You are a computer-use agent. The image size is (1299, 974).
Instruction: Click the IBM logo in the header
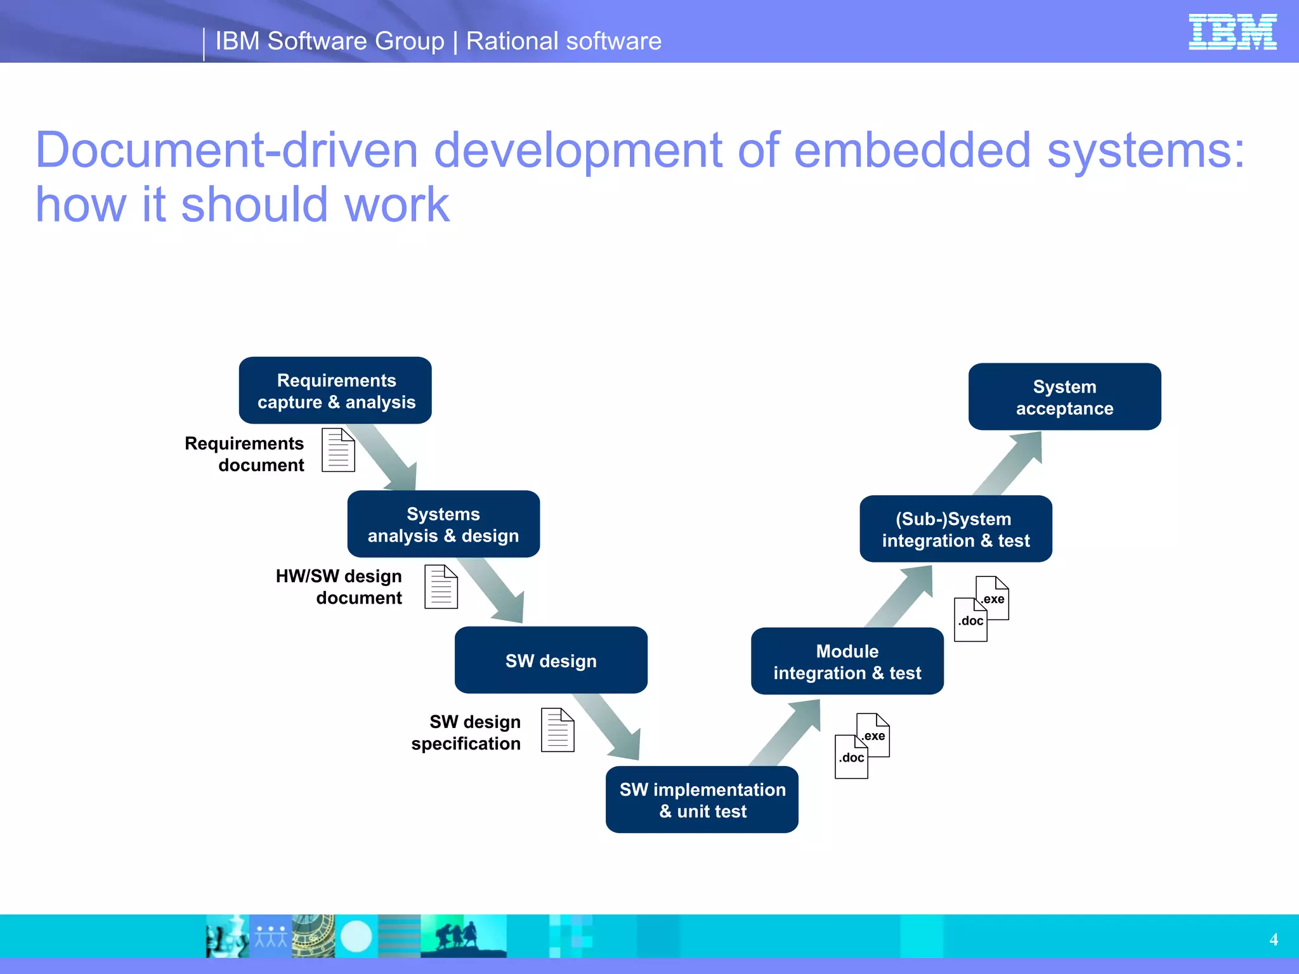coord(1232,32)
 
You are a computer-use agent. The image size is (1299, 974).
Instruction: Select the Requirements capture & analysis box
coord(336,391)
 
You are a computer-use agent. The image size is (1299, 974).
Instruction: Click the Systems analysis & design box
coord(443,524)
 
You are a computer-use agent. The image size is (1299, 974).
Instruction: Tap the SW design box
coord(551,660)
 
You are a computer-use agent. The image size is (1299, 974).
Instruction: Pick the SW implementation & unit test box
coord(702,800)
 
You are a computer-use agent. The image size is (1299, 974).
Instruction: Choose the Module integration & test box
coord(847,661)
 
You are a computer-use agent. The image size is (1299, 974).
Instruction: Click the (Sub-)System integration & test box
coord(955,529)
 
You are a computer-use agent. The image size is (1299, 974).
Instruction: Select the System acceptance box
coord(1064,397)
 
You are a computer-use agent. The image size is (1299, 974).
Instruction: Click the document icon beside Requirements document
coord(338,450)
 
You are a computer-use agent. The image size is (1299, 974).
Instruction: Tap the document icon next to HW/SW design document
coord(441,587)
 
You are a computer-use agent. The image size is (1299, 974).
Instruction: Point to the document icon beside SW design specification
coord(558,730)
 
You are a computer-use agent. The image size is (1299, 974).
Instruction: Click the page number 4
coord(1273,940)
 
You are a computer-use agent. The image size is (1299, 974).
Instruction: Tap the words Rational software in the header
coord(563,41)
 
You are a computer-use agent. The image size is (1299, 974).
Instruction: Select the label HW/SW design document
coord(339,587)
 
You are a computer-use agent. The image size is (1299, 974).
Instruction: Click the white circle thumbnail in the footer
coord(356,937)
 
